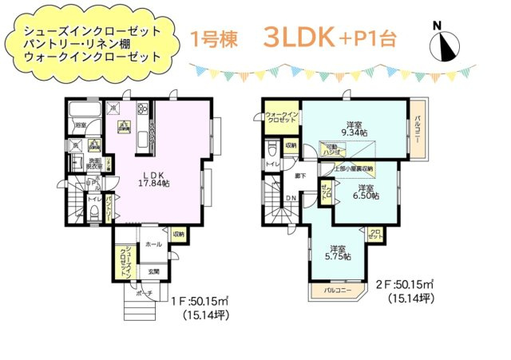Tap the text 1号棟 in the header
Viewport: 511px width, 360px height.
(212, 39)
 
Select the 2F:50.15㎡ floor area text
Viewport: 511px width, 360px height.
(405, 285)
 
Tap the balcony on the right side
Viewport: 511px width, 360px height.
(418, 129)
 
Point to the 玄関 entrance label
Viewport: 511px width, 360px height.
(153, 273)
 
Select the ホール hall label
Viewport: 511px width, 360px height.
(153, 243)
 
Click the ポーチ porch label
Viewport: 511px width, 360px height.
(144, 293)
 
